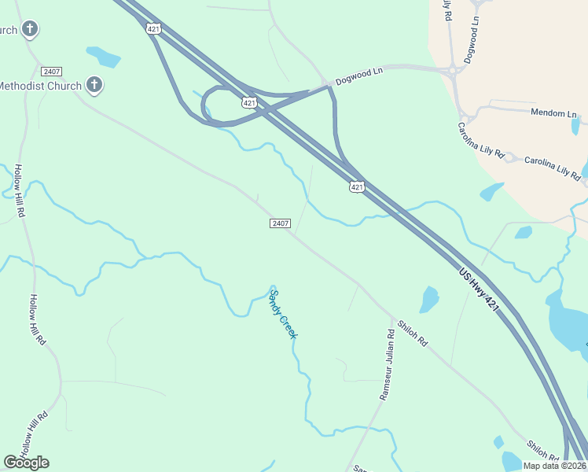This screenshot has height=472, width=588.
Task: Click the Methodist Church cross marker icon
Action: pos(94,84)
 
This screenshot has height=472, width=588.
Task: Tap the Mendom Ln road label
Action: pos(553,113)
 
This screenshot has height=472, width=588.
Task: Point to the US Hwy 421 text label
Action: pos(478,289)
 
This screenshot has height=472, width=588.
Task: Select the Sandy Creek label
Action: pos(283,314)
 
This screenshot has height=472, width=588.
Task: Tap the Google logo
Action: pos(26,463)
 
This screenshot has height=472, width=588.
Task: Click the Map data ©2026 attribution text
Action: pos(555,466)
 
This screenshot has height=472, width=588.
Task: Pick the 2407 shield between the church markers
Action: pos(52,72)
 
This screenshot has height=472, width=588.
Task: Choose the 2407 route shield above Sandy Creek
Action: pos(281,223)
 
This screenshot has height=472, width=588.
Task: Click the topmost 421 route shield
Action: pos(153,28)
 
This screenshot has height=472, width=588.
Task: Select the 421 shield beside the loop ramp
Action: pos(249,102)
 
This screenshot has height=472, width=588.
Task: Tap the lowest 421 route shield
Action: pos(357,186)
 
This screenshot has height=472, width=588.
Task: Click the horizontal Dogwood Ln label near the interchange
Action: pos(358,76)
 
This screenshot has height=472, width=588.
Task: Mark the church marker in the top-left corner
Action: pos(30,30)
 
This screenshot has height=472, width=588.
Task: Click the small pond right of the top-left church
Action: pos(104,57)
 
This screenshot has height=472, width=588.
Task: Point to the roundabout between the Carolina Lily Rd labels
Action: pos(509,158)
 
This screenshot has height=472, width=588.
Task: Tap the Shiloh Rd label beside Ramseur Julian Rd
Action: pos(412,333)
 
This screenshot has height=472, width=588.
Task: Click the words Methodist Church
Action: pos(39,85)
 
